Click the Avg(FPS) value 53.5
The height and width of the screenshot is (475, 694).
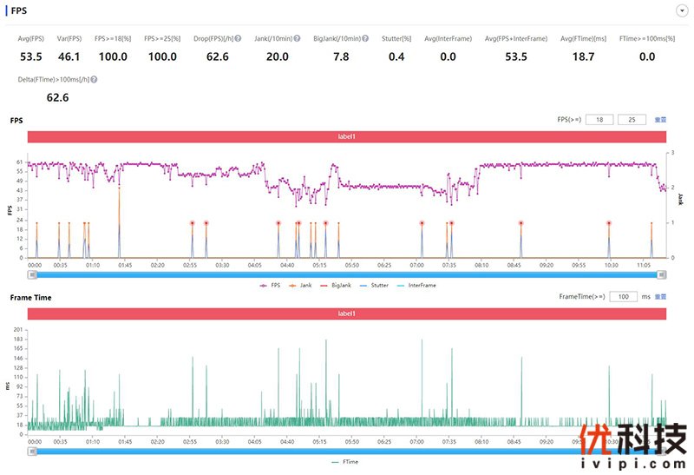[31, 56]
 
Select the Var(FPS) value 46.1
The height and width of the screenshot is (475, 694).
[69, 56]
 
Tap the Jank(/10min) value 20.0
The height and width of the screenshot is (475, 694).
[278, 56]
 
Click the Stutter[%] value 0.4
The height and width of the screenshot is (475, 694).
[396, 56]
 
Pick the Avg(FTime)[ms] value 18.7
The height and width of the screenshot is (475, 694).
[584, 56]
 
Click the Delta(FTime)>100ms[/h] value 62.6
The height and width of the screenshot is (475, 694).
[57, 97]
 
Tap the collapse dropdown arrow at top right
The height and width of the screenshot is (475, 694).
[681, 10]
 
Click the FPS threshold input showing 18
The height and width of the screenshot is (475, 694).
[600, 119]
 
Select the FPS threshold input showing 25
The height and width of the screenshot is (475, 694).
[632, 119]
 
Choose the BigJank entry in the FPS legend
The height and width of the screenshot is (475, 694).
[342, 285]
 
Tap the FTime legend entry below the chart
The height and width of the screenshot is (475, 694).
[346, 462]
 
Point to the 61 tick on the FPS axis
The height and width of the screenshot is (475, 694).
[20, 162]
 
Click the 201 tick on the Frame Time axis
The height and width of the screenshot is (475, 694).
[18, 330]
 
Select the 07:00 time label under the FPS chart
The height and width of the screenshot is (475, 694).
[416, 266]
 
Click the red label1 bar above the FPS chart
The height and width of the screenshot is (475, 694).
[346, 136]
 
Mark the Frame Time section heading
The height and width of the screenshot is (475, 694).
[30, 297]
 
